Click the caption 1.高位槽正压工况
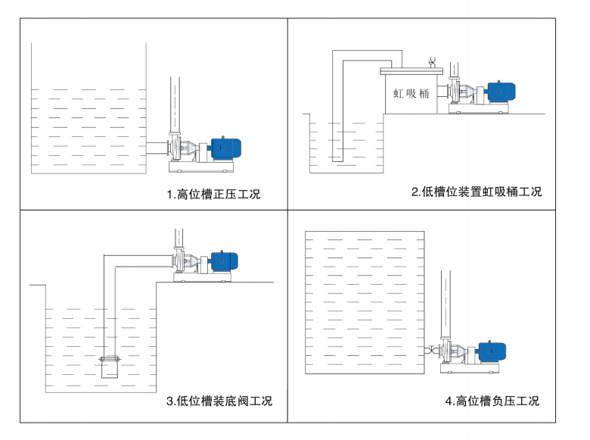[213, 195]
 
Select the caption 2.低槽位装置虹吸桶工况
[476, 192]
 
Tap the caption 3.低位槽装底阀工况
[219, 401]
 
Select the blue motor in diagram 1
[225, 148]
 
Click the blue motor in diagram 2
[500, 92]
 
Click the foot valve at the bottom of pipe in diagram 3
[110, 367]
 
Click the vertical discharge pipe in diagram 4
[446, 303]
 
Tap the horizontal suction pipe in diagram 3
[140, 261]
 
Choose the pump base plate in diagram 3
[203, 277]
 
